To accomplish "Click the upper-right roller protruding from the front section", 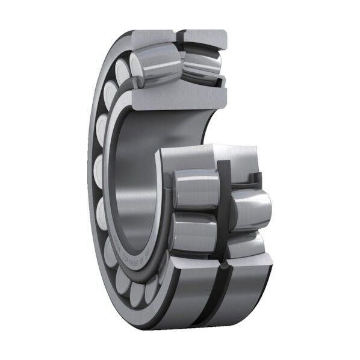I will coord(252,208).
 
